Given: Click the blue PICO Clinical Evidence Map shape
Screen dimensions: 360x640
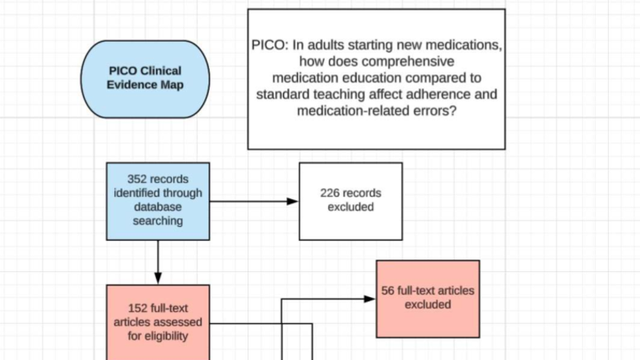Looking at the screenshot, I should pos(145,78).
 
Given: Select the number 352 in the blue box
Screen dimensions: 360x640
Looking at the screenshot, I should pos(138,180).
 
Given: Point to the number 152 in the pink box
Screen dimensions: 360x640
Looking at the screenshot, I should pos(138,308).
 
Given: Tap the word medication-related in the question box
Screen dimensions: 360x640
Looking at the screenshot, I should pos(327,111).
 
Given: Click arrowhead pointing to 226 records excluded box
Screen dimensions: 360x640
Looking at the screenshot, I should pos(293,201).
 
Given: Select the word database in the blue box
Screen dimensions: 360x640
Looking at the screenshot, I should pos(158,207).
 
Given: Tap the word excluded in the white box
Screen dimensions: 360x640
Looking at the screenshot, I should pos(350,207).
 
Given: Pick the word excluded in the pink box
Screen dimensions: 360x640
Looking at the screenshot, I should pos(427,304).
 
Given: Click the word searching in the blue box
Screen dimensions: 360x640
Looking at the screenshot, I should pos(158,221).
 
